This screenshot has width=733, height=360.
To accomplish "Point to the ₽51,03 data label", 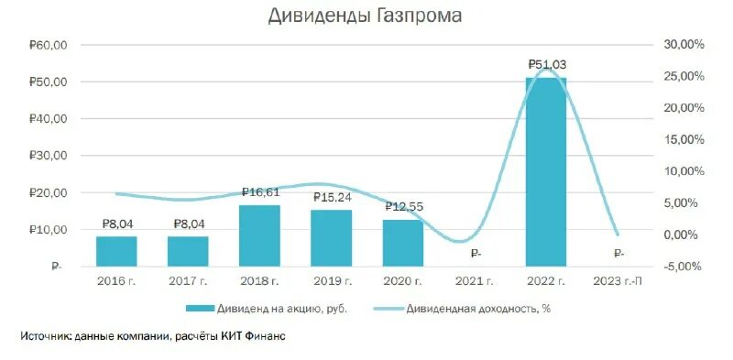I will click(546, 64).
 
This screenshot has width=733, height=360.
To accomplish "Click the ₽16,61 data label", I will click(260, 192).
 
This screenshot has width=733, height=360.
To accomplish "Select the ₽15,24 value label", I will click(332, 197).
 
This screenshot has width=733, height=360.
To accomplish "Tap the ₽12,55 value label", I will click(403, 207).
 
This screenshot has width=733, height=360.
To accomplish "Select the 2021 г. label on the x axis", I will click(475, 280).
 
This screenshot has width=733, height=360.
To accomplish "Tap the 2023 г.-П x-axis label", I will click(618, 280).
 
